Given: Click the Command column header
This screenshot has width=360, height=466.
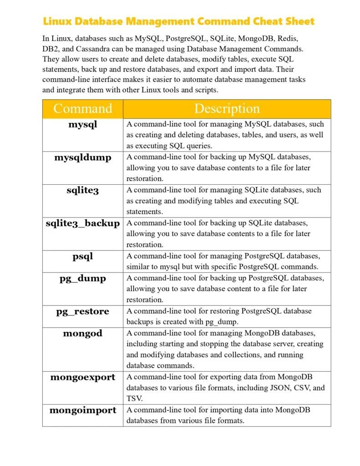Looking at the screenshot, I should click(x=82, y=109).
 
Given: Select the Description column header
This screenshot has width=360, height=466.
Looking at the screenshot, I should click(x=227, y=109).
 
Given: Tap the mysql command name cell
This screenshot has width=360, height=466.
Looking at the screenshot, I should click(x=82, y=124).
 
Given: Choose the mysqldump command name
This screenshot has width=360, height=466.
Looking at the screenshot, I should click(x=82, y=157).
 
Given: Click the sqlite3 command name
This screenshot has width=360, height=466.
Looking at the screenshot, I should click(x=82, y=190).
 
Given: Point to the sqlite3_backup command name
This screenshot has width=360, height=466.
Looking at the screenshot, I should click(x=82, y=223).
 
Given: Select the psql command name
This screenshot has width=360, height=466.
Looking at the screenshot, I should click(x=82, y=256).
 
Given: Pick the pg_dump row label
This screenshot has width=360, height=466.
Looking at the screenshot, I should click(x=82, y=278).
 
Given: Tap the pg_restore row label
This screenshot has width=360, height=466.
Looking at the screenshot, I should click(x=82, y=311).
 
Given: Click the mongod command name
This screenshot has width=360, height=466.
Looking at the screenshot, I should click(x=82, y=333).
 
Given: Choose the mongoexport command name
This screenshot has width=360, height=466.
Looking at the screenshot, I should click(x=82, y=377).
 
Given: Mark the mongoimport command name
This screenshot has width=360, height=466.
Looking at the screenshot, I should click(x=82, y=410).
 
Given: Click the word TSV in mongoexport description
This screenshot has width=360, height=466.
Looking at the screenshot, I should click(x=134, y=399).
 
